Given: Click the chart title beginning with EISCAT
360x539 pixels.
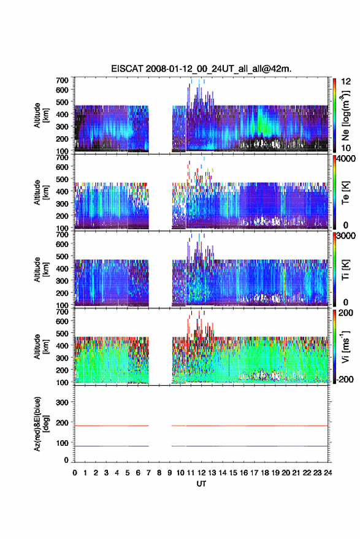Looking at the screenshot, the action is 201,69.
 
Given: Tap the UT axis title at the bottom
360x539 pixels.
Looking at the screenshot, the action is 201,484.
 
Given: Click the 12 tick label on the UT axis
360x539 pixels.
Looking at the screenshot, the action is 202,473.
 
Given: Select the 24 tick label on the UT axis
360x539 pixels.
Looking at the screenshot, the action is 327,473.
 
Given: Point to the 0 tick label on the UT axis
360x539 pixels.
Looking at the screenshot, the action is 75,473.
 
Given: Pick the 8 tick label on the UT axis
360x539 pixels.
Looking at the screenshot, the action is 159,473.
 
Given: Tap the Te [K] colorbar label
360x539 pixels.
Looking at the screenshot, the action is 345,193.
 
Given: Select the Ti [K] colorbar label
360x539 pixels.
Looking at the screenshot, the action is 345,270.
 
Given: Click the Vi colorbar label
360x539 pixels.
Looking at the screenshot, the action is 346,347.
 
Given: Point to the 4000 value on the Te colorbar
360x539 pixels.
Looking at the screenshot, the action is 347,158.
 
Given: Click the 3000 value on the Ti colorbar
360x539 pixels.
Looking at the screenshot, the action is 347,236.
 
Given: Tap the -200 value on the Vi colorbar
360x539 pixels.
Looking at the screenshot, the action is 345,380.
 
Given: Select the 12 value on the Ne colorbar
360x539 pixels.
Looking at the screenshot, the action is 347,82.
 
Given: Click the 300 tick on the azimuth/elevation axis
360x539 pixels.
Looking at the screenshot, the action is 62,402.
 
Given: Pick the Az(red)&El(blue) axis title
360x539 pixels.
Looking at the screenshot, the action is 41,424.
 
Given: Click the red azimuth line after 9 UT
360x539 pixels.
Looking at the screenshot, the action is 250,426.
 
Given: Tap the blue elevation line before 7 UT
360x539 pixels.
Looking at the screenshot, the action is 112,446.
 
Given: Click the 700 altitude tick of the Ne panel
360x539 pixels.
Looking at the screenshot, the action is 62,80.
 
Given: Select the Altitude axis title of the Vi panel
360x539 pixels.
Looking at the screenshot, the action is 41,347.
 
